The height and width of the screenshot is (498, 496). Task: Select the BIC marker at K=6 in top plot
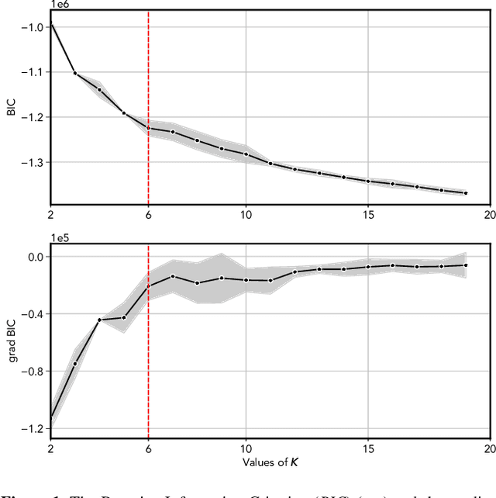pos(148,128)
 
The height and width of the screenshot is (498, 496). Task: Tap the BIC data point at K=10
pos(246,154)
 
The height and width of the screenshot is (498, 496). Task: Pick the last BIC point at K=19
pos(466,193)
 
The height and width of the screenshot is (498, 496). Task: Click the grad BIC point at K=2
pos(51,417)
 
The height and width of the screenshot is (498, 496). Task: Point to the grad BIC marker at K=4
pos(99,320)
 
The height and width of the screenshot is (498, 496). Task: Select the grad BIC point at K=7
pos(173,276)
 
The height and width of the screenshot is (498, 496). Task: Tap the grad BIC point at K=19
pos(466,265)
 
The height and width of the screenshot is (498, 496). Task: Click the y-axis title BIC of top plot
pos(11,107)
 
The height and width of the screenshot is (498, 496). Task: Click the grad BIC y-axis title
pos(11,342)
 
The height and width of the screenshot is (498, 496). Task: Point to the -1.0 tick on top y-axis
pos(33,26)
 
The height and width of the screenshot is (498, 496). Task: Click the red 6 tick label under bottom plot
pos(148,449)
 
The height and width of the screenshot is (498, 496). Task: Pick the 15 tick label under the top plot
pos(368,214)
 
